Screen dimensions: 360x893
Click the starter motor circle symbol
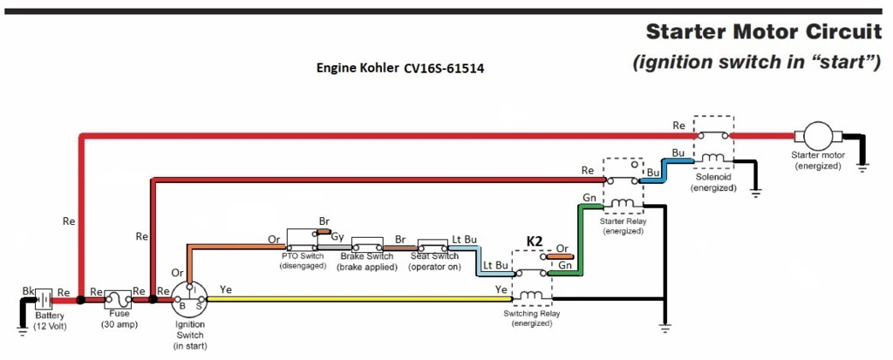click(818, 136)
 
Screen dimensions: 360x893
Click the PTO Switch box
click(302, 241)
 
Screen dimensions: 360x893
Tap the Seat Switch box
click(433, 246)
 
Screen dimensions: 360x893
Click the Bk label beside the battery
click(28, 289)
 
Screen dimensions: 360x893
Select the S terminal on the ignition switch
click(200, 306)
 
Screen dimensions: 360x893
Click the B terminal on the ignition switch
click(180, 306)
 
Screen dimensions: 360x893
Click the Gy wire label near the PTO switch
click(336, 236)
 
